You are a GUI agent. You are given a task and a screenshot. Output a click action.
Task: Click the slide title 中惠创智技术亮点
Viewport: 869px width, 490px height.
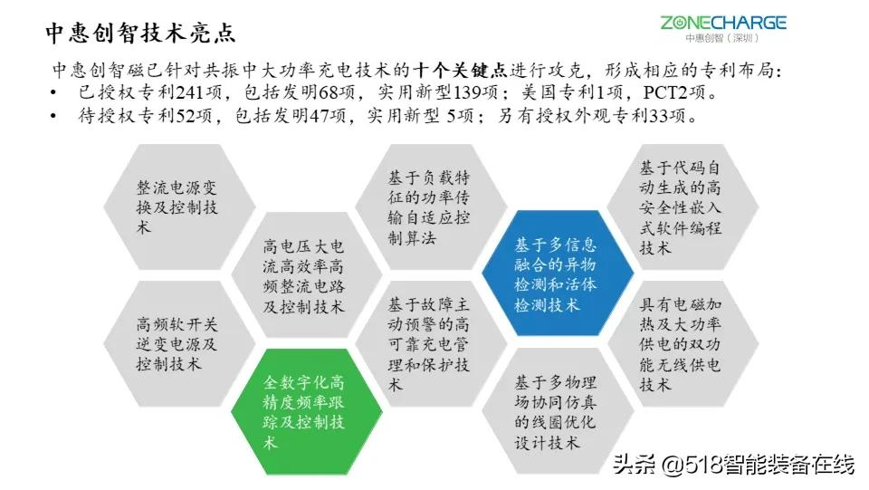140,33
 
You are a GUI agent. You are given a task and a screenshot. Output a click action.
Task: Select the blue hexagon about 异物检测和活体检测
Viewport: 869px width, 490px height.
558,274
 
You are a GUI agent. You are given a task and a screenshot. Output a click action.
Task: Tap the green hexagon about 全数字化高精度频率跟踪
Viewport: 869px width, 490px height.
307,412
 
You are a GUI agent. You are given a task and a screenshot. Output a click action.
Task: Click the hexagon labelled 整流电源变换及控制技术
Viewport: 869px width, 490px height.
179,207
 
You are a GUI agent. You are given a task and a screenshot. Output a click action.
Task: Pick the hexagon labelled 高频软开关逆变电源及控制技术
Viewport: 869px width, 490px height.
179,343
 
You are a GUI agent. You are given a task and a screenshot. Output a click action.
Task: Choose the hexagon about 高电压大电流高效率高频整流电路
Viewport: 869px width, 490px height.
307,275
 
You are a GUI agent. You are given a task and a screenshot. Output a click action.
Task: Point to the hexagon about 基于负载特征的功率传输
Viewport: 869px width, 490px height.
431,207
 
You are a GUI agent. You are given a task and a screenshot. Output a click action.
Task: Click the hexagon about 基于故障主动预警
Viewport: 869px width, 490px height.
431,343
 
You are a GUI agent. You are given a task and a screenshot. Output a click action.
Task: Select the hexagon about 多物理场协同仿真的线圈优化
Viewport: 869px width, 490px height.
558,410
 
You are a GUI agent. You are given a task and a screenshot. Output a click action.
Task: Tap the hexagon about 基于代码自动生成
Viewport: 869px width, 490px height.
683,207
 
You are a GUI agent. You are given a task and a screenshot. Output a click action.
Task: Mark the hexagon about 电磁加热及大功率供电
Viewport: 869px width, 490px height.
683,343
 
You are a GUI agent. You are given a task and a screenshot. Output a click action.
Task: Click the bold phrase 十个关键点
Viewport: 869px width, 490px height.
460,70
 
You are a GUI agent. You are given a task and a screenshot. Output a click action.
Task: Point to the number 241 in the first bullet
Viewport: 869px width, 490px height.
189,92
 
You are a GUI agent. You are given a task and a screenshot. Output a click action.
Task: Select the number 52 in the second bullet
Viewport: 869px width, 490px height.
185,115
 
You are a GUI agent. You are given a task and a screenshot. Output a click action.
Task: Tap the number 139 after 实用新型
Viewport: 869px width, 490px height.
468,92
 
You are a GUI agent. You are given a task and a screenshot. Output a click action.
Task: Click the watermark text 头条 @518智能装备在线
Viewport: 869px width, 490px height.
733,464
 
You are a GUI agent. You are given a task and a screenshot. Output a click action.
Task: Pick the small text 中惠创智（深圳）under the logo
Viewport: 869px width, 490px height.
722,38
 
